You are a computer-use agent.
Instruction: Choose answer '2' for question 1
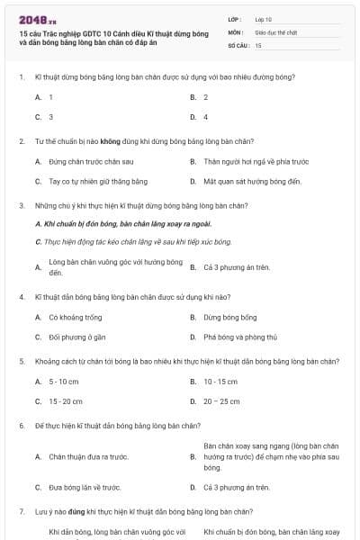205,96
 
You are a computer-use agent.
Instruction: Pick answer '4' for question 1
205,117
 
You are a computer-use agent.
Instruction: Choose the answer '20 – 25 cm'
221,401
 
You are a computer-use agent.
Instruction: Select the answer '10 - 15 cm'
220,382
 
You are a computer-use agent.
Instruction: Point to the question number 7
21,511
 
